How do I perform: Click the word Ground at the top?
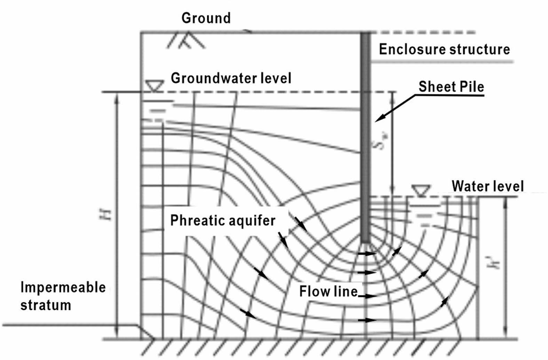[206, 18]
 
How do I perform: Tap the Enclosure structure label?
[444, 49]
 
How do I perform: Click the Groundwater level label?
[231, 78]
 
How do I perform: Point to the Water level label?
[487, 186]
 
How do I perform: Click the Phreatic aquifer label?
[223, 221]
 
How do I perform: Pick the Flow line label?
[328, 291]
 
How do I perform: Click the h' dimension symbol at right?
[497, 262]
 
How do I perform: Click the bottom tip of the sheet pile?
[365, 241]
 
